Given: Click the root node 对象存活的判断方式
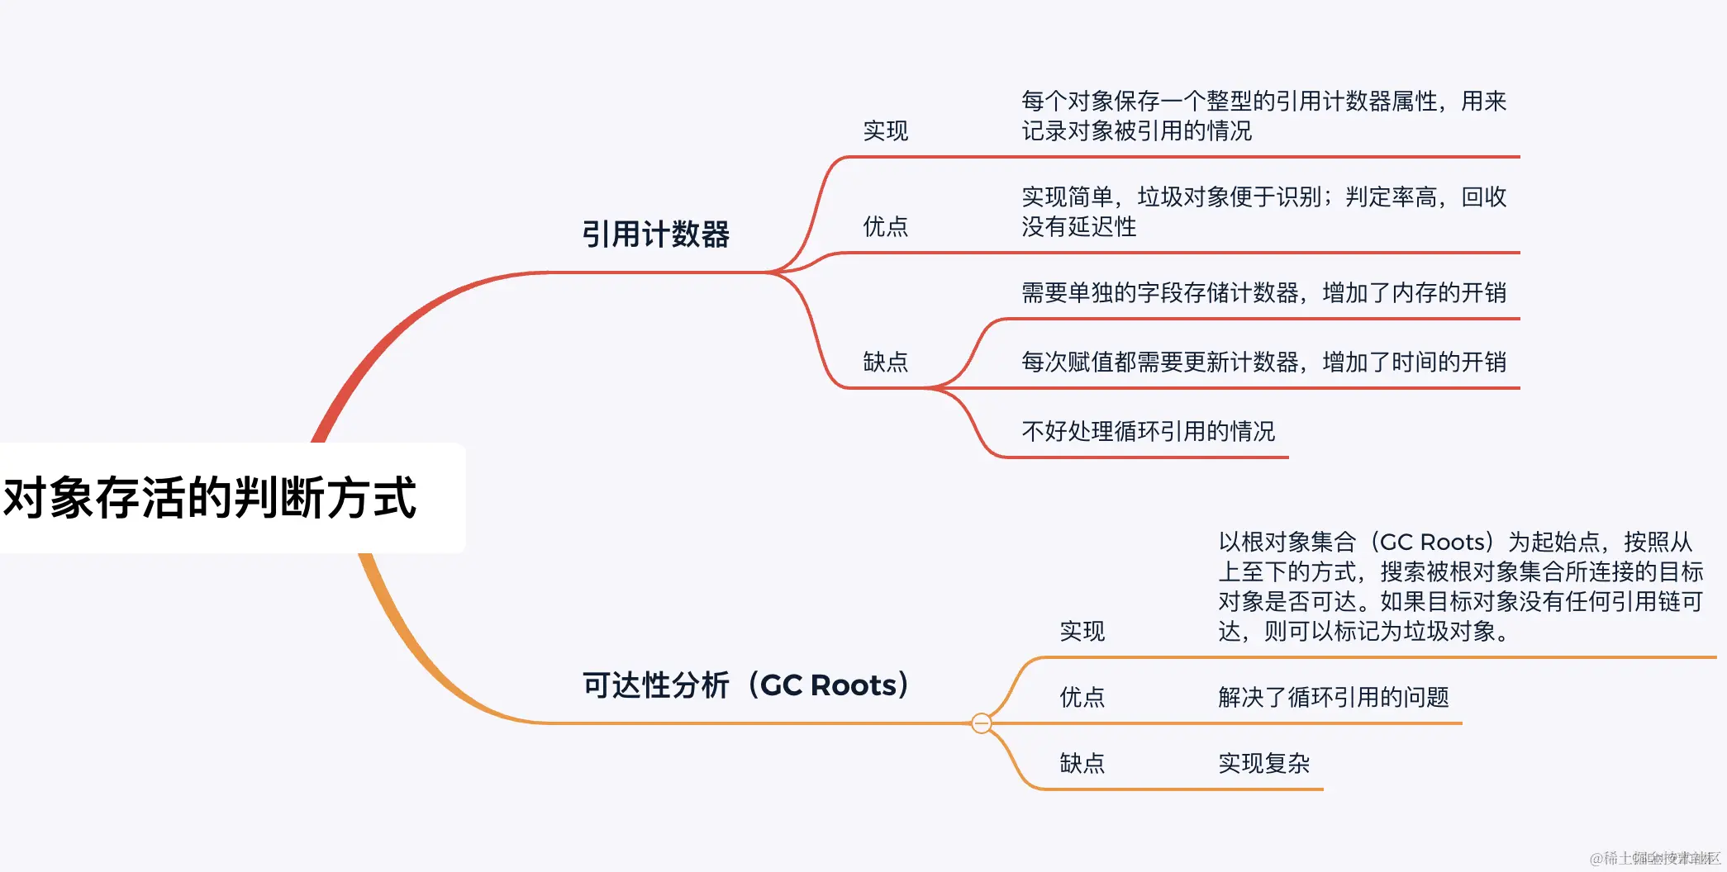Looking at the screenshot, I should point(211,498).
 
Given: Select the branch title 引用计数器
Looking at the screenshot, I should point(655,235).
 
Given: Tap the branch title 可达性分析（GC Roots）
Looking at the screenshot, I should point(745,685).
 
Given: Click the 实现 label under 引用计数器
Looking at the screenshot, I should point(885,130).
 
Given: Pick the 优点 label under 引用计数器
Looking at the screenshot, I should point(885,226).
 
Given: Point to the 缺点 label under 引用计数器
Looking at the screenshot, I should point(885,362).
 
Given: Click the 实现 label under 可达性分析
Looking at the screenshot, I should point(1082,632).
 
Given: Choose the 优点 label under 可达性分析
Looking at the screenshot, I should point(1082,698).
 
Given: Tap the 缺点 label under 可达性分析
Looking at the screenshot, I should point(1082,764).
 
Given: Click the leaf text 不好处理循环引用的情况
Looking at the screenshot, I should point(1148,432).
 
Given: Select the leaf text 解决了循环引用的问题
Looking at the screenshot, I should point(1333,698).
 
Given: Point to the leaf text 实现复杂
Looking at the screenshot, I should point(1263,764).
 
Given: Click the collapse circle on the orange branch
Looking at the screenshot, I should point(981,723).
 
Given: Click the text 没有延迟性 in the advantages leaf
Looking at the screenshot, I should point(1078,227).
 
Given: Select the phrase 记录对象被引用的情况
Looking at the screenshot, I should point(1136,131).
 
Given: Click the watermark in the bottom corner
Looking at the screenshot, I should point(1654,858).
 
